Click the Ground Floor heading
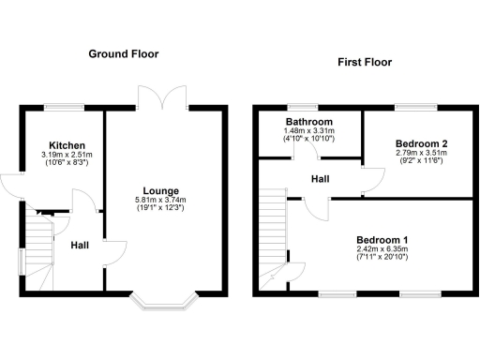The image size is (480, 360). pyautogui.click(x=124, y=54)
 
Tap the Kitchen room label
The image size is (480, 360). pyautogui.click(x=67, y=145)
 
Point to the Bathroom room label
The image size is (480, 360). pyautogui.click(x=309, y=122)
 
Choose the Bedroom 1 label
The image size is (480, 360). pyautogui.click(x=382, y=240)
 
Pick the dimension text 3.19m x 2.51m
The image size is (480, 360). pyautogui.click(x=67, y=154)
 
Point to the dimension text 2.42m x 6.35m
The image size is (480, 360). pyautogui.click(x=382, y=249)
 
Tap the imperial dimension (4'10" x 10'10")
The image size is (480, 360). pyautogui.click(x=309, y=139)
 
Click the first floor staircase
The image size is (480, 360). pyautogui.click(x=273, y=234)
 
